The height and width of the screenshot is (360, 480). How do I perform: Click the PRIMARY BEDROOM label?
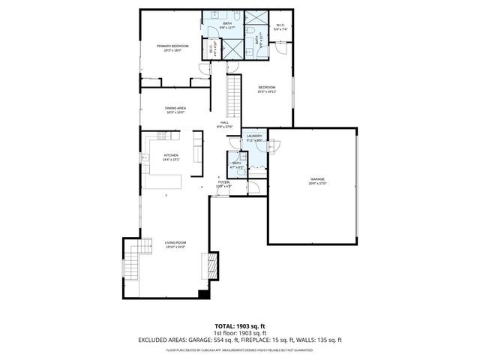[172, 46]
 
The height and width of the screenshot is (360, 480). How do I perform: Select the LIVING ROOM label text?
[175, 242]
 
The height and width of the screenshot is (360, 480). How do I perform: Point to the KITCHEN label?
[171, 155]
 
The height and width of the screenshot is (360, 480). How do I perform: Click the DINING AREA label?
[176, 108]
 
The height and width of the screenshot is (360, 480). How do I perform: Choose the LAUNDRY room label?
[254, 136]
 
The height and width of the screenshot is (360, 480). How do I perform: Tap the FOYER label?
[223, 182]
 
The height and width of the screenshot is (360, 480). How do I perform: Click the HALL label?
[224, 123]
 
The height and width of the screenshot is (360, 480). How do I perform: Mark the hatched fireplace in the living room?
[211, 264]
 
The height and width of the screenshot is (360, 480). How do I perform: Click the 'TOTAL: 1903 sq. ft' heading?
[240, 326]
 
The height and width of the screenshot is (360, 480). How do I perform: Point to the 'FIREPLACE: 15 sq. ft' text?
[274, 340]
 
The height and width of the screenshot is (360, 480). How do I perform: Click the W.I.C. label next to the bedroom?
[280, 25]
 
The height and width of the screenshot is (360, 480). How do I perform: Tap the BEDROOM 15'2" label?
[267, 88]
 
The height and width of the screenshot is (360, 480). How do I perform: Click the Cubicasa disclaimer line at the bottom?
[240, 349]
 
